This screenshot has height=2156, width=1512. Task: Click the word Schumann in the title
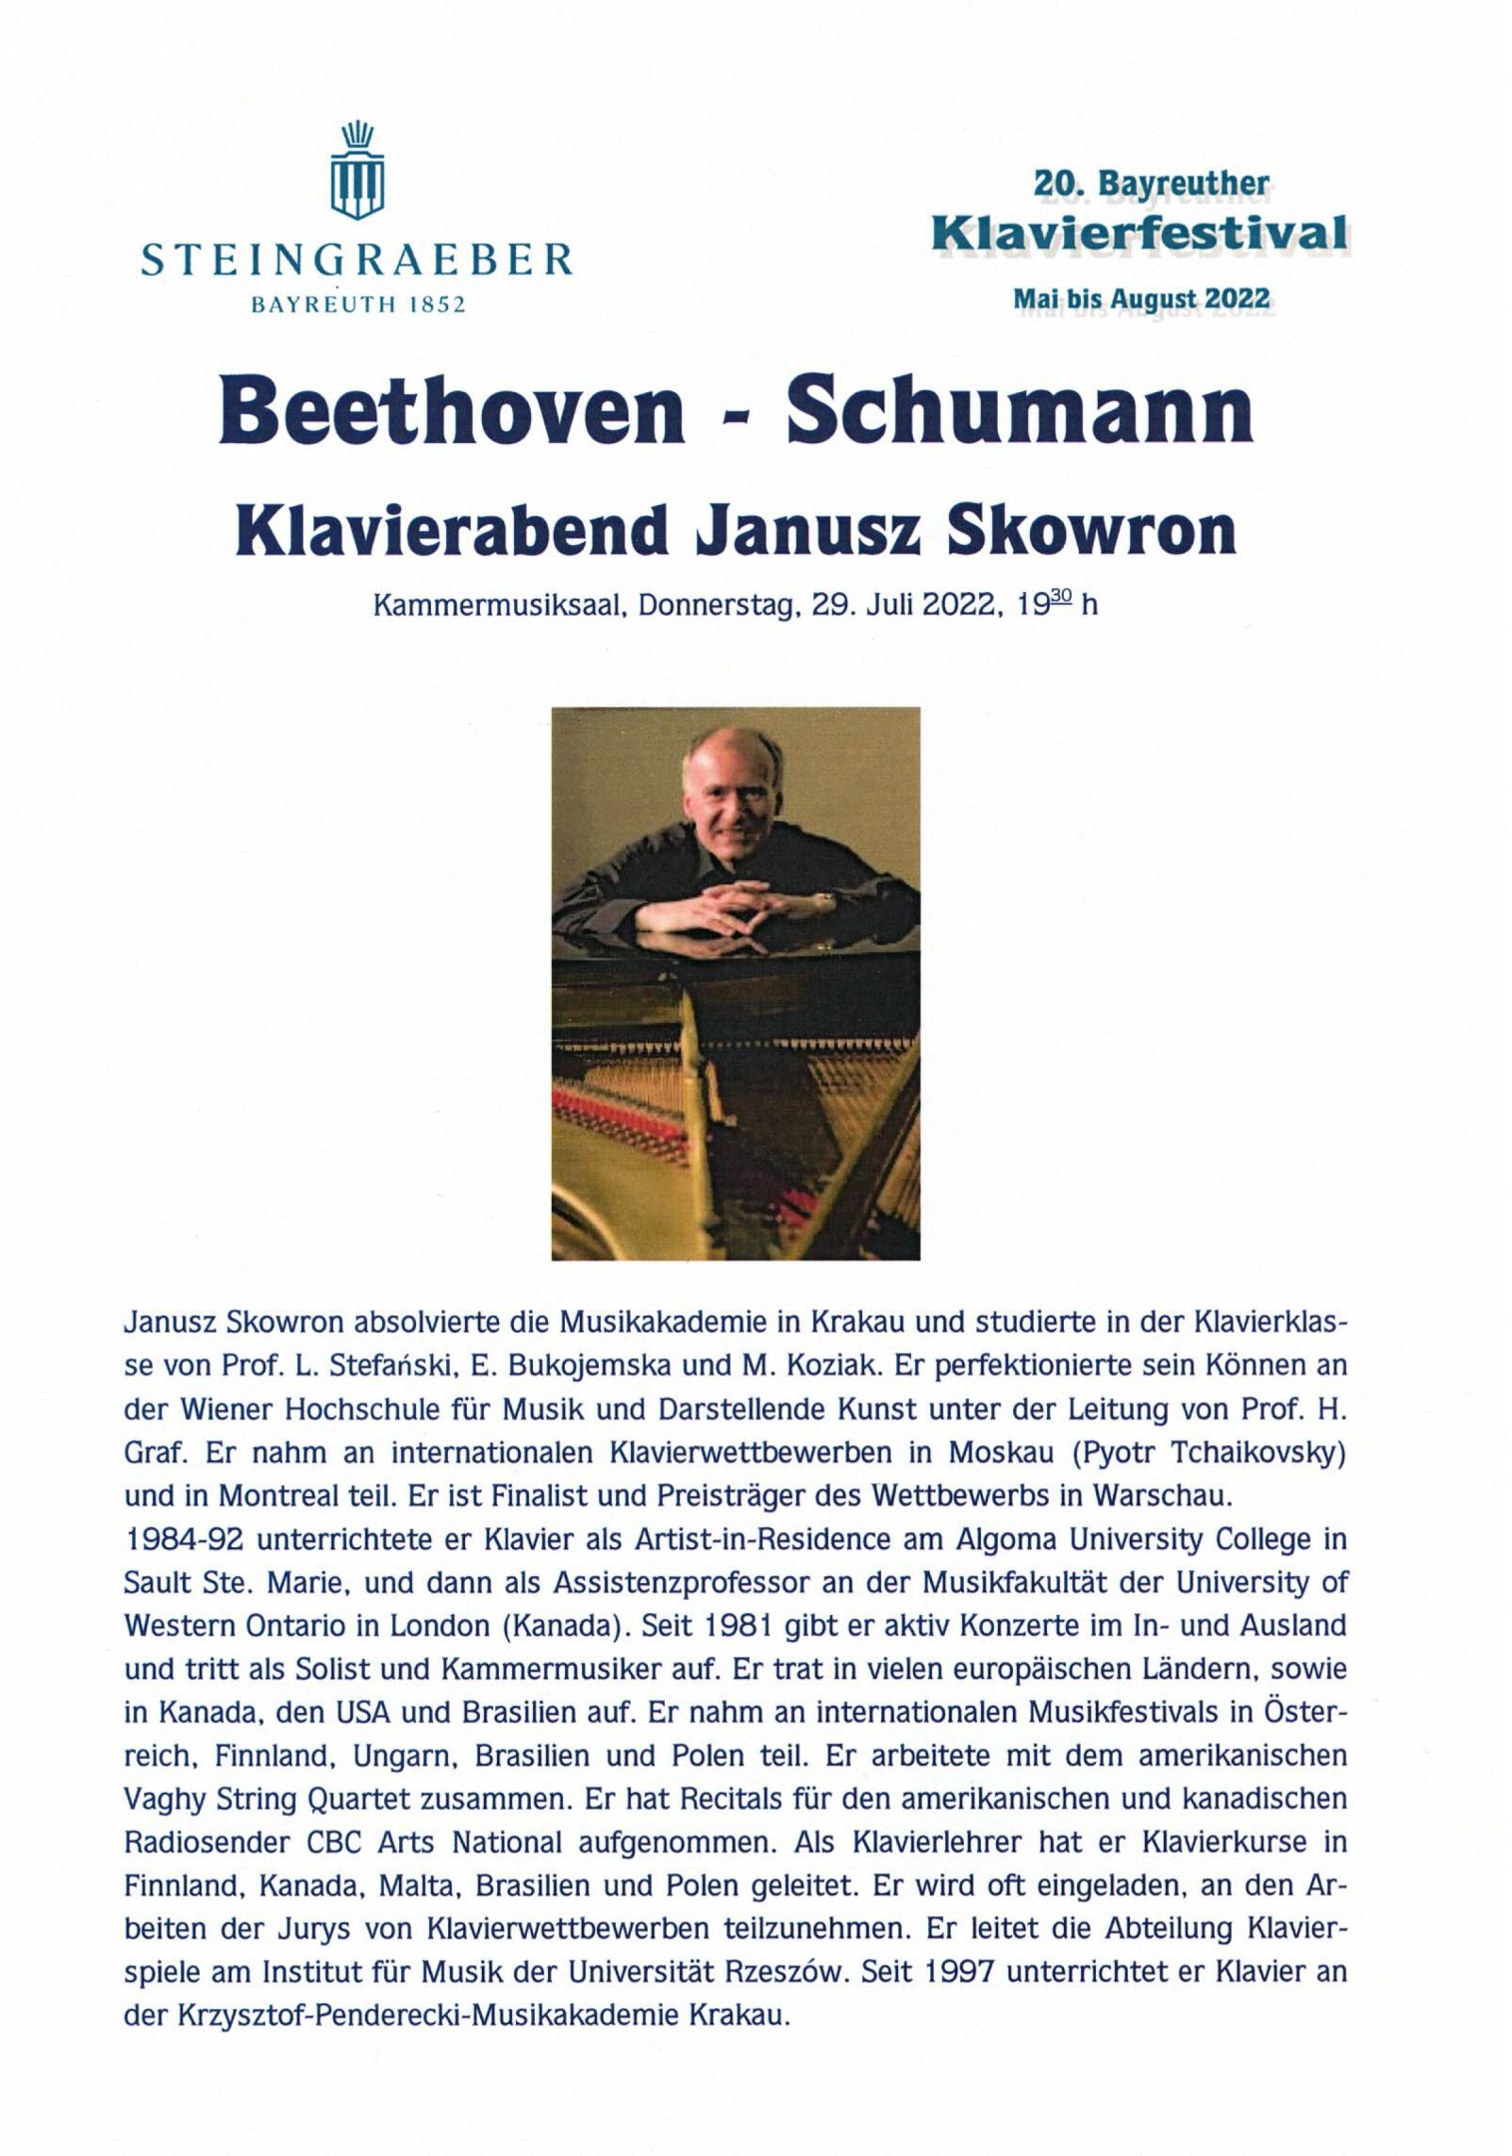(1020, 412)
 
